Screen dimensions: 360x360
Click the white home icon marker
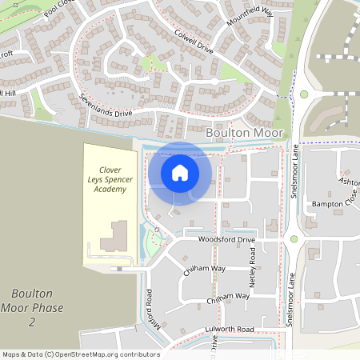click(x=180, y=173)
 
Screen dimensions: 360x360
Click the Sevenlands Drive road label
click(x=106, y=104)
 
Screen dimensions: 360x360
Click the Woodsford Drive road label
click(x=226, y=239)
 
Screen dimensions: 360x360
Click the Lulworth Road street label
click(x=229, y=329)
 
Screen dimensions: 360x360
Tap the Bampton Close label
click(x=331, y=206)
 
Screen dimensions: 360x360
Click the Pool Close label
click(x=58, y=10)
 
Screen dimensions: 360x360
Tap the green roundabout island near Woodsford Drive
click(x=294, y=238)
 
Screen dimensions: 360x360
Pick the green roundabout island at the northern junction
click(x=304, y=94)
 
